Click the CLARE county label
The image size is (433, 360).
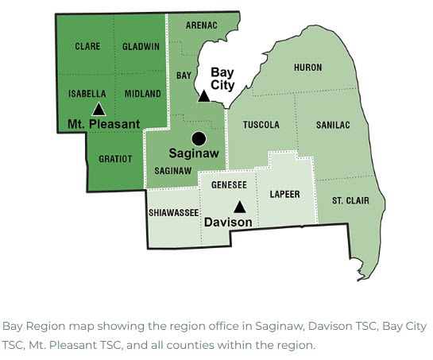point(87,47)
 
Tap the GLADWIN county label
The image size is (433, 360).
point(141,47)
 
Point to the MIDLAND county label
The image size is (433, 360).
point(143,94)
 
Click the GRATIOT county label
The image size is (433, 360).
point(115,158)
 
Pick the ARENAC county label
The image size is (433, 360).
point(202,25)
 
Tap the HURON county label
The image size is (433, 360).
point(308,68)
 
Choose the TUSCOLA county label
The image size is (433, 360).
point(261,125)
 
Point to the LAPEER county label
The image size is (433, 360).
point(284,193)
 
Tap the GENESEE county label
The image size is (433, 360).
point(228,184)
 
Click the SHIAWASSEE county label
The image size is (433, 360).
point(172,213)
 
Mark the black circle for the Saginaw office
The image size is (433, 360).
point(199,137)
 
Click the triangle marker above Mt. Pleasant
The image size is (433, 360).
point(99,109)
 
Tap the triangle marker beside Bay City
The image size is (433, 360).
point(203,96)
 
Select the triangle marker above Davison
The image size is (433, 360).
point(239,207)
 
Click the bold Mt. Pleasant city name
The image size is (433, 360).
point(103,124)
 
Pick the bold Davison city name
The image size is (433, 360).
point(228,223)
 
